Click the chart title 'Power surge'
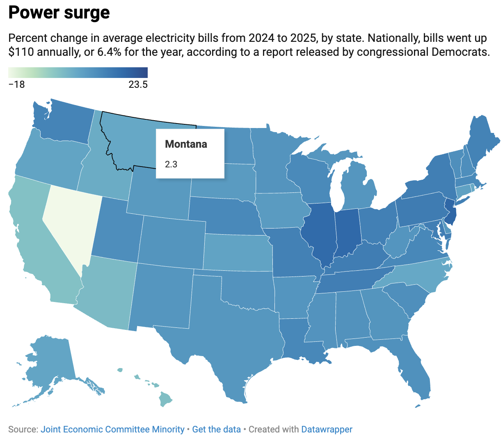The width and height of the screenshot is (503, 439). (59, 13)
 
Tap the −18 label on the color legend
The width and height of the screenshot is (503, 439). (17, 85)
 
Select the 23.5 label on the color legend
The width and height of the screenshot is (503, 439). (137, 85)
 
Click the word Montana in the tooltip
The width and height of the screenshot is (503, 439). (186, 144)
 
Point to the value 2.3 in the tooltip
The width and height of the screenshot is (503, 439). (171, 165)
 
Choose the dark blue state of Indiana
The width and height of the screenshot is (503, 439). (348, 232)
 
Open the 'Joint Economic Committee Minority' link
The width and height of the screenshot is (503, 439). (112, 430)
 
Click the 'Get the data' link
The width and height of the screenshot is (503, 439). (216, 430)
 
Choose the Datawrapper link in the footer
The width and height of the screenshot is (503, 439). (327, 430)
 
